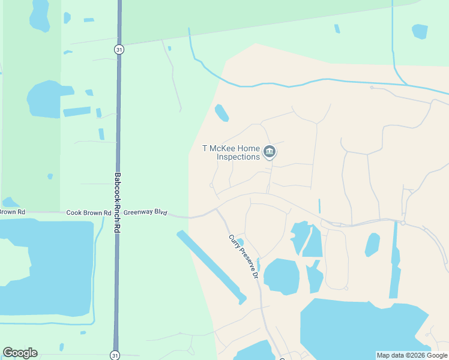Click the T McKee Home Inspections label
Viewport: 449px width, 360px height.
(x=232, y=152)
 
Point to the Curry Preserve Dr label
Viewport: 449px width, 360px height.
(x=243, y=257)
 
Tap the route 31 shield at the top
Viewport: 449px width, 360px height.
(x=119, y=50)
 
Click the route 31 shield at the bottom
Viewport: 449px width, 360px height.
(x=115, y=355)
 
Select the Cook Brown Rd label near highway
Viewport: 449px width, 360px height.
(x=88, y=212)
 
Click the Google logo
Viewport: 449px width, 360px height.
(x=20, y=353)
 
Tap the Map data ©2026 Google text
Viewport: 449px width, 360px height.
(x=411, y=355)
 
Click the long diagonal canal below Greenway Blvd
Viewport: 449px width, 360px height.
(x=211, y=266)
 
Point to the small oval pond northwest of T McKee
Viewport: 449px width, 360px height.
(x=221, y=112)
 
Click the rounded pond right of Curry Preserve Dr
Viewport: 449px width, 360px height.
(x=281, y=277)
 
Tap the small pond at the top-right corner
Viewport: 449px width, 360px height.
(x=420, y=31)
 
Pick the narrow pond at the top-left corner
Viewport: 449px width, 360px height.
(x=40, y=15)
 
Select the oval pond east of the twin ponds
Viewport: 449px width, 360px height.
(x=372, y=244)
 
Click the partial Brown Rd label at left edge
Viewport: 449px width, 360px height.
(x=12, y=212)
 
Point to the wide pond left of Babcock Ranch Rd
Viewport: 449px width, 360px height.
(x=43, y=99)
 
